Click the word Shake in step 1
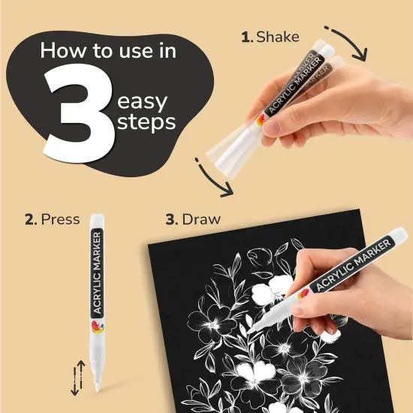click(278, 36)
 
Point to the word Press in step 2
click(60, 220)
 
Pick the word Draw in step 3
click(202, 220)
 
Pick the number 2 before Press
click(29, 220)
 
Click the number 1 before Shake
click(246, 36)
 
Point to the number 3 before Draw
click(170, 220)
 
